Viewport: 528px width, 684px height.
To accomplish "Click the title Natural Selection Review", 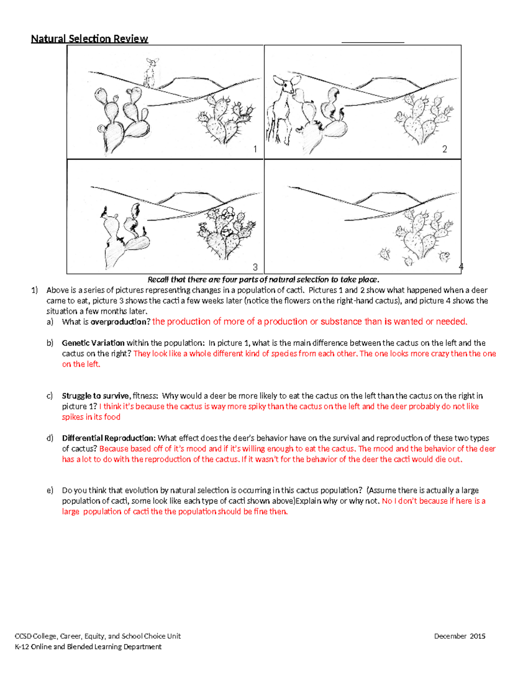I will coord(89,39).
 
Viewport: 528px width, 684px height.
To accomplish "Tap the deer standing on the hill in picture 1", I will coord(150,73).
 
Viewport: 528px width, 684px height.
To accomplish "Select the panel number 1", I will coord(255,149).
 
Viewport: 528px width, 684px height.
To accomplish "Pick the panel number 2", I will coord(444,149).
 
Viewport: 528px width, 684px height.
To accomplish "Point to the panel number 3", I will coord(255,267).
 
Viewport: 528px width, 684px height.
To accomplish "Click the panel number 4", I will coord(461,266).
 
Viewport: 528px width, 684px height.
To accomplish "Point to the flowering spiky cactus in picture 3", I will coord(224,233).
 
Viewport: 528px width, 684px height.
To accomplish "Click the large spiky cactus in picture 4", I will coord(420,233).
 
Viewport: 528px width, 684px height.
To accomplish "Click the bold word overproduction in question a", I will coord(120,322).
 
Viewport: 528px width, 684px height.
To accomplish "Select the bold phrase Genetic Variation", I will coord(93,343).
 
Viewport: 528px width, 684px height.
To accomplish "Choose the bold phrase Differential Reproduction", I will coord(109,438).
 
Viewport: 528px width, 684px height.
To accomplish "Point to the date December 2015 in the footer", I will coord(459,636).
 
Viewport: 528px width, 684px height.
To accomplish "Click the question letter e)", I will coord(50,491).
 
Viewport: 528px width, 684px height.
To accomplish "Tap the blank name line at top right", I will coord(373,41).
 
